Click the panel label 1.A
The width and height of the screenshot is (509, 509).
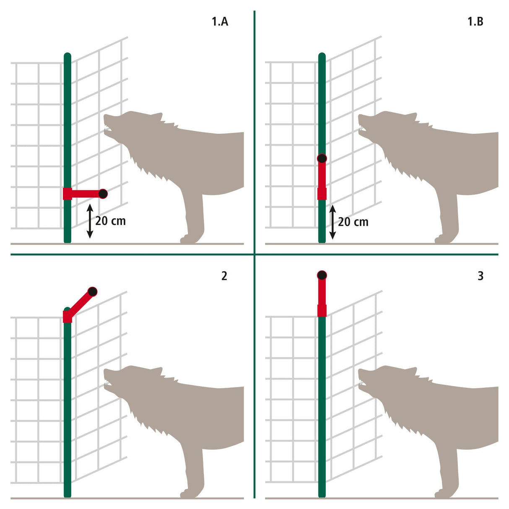click(220, 22)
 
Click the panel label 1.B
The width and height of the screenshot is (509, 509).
click(475, 22)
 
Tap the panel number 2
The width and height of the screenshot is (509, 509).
click(224, 276)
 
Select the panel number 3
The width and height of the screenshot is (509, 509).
click(480, 276)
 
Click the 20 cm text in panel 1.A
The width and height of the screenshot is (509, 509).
click(110, 221)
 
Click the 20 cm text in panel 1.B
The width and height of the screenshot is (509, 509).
click(353, 222)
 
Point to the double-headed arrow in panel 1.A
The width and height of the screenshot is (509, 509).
click(89, 221)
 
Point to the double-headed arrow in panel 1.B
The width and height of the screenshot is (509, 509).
click(332, 222)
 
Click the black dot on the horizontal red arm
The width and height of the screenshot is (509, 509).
click(103, 194)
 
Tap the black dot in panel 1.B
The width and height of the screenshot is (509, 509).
click(322, 158)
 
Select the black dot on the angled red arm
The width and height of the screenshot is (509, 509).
click(92, 291)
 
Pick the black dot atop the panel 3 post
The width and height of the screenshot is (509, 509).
click(322, 275)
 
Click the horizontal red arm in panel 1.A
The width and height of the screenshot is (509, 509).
click(84, 194)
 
